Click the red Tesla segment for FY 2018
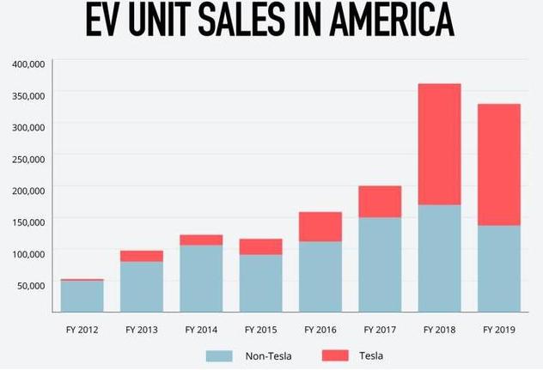(439, 144)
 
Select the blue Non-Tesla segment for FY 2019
(498, 268)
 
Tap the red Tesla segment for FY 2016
(320, 227)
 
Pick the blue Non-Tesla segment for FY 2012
(82, 295)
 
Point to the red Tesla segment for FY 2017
(380, 202)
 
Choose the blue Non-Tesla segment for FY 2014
(201, 278)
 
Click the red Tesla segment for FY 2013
(142, 256)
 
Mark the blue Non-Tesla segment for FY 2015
(260, 282)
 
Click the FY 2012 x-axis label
(82, 329)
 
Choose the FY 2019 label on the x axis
(498, 329)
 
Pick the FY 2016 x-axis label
(320, 329)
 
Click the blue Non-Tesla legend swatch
(219, 355)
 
